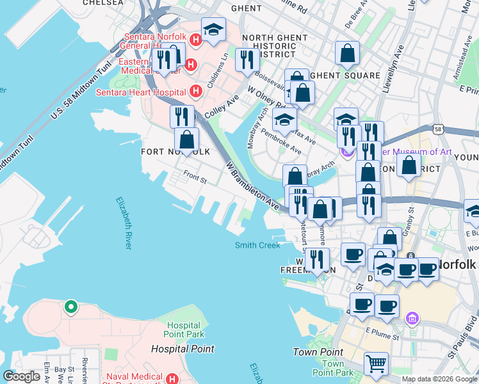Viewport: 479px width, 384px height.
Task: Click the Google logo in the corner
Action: pyautogui.click(x=21, y=376)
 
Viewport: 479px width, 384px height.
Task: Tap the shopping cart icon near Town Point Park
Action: pyautogui.click(x=376, y=364)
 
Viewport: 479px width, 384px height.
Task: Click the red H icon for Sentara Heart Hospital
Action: pyautogui.click(x=196, y=92)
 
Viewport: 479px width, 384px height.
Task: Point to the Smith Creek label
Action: pyautogui.click(x=257, y=245)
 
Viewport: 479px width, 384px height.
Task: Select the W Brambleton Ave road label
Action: pyautogui.click(x=252, y=187)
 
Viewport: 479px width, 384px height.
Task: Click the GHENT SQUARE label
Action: pyautogui.click(x=346, y=76)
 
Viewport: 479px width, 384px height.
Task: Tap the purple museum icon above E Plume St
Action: pyautogui.click(x=412, y=317)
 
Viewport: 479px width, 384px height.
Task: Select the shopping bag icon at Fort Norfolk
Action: pyautogui.click(x=186, y=140)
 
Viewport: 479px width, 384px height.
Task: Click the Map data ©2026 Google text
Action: pyautogui.click(x=440, y=379)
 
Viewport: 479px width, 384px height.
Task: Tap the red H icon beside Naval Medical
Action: pyautogui.click(x=172, y=379)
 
